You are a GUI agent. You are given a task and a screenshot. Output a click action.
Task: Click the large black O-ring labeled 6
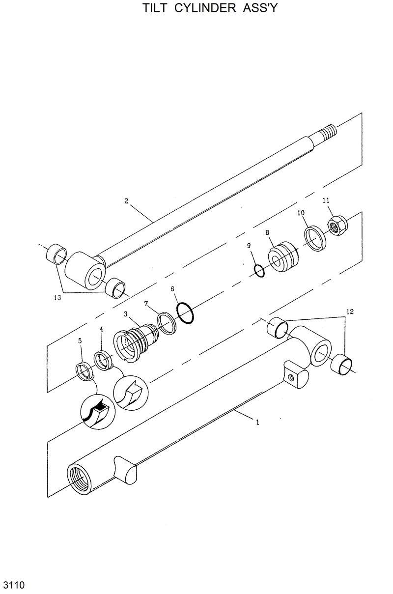(185, 313)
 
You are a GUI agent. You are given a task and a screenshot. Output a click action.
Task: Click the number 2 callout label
(126, 201)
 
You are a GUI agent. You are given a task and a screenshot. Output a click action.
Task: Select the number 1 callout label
(258, 422)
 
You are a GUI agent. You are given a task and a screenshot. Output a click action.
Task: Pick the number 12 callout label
(349, 311)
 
